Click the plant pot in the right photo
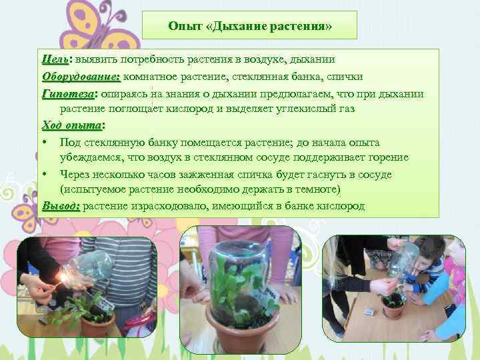pyautogui.click(x=391, y=312)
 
